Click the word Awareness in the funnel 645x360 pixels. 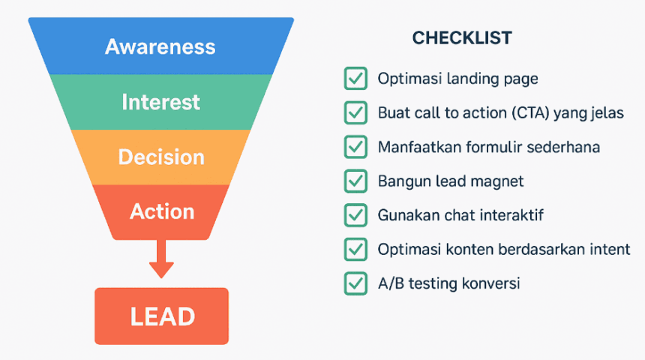point(160,46)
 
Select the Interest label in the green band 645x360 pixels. point(160,102)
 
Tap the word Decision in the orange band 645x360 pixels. point(161,157)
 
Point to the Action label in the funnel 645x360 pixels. point(162,211)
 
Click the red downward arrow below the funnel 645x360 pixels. point(161,259)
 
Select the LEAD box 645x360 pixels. point(162,316)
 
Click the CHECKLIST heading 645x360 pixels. point(462,37)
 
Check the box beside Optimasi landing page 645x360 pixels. point(355,78)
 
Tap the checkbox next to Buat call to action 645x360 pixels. point(355,112)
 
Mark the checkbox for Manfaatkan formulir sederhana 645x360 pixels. point(355,146)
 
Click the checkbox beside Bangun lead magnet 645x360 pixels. point(355,181)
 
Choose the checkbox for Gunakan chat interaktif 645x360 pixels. point(355,214)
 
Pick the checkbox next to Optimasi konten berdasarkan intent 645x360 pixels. point(355,249)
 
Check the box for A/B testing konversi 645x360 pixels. point(355,283)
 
